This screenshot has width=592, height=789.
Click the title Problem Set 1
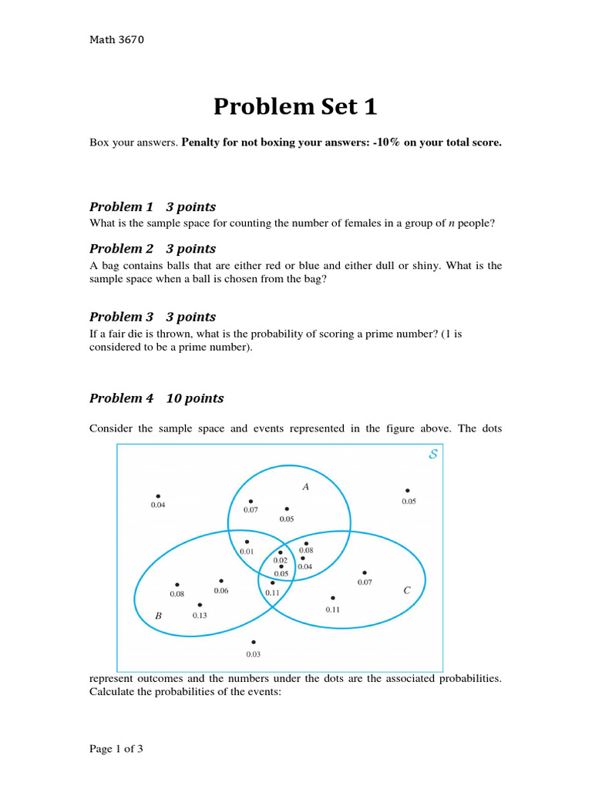click(x=295, y=107)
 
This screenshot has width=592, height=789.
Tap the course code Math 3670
click(x=116, y=40)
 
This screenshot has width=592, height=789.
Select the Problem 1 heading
click(x=153, y=206)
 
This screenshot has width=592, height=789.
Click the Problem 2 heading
click(x=153, y=248)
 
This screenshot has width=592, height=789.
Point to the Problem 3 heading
click(x=153, y=317)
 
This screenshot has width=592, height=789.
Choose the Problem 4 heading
click(x=156, y=398)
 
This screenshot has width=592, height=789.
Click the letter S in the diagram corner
click(x=433, y=455)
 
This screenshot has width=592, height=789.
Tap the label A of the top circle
click(x=305, y=486)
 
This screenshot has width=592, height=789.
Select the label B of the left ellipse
click(x=159, y=616)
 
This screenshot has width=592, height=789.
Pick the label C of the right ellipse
click(x=407, y=591)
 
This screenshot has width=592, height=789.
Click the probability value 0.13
click(x=200, y=615)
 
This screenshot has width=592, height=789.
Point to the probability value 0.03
click(x=254, y=654)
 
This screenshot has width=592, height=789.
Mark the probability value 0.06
click(x=221, y=591)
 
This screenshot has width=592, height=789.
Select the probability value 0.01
click(x=247, y=552)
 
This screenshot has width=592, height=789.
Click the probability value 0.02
click(x=280, y=560)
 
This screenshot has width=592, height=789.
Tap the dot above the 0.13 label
click(x=200, y=605)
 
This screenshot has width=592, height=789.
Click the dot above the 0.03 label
click(x=254, y=642)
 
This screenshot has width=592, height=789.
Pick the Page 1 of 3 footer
click(x=116, y=748)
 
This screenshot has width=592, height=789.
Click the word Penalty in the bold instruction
click(x=203, y=143)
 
